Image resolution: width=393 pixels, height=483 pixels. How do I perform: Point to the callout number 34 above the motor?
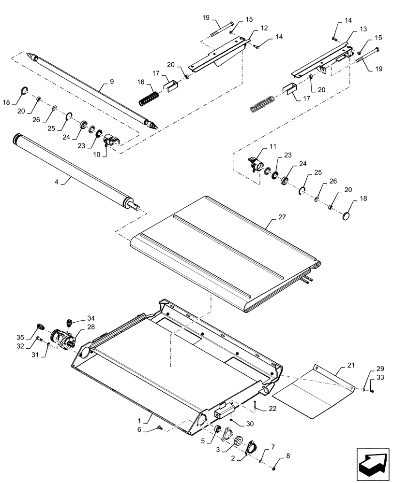coord(91,318)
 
